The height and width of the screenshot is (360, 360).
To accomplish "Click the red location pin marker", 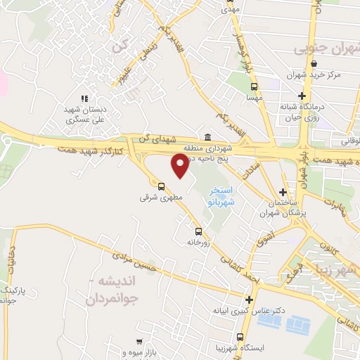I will (x=180, y=165).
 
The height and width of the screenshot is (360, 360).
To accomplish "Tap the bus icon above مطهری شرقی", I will (x=162, y=187).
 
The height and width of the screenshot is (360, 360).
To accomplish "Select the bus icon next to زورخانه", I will (x=198, y=231).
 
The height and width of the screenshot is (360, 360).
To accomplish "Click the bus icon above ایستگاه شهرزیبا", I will (x=240, y=337).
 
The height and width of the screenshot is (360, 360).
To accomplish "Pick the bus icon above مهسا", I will (x=253, y=86).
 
